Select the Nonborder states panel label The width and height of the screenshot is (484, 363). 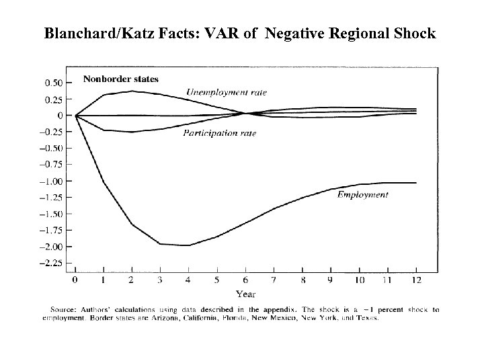pyautogui.click(x=121, y=79)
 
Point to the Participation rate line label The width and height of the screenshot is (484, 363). pyautogui.click(x=220, y=134)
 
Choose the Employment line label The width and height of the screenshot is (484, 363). pyautogui.click(x=362, y=195)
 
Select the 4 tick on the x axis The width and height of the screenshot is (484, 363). pyautogui.click(x=189, y=280)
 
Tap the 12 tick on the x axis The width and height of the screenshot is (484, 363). pyautogui.click(x=416, y=280)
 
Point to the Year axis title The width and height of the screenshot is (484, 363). pyautogui.click(x=245, y=293)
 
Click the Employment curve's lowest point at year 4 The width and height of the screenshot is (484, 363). pyautogui.click(x=189, y=245)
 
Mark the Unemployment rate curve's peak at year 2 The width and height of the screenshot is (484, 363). pyautogui.click(x=132, y=91)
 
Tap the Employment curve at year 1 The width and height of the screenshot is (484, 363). pyautogui.click(x=104, y=182)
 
